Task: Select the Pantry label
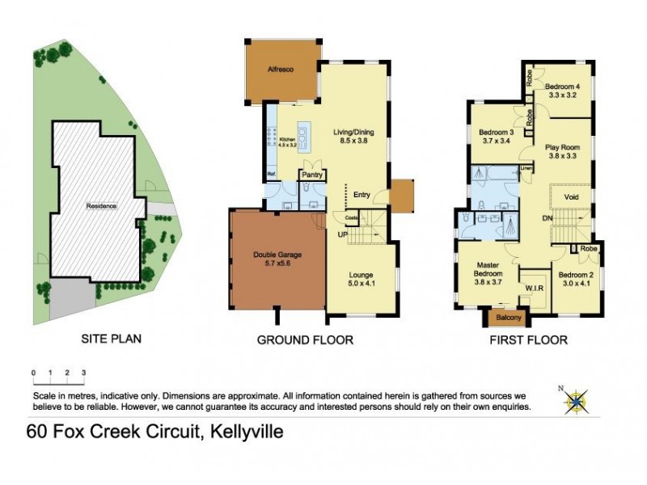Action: coord(312,174)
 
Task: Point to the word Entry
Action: coord(362,194)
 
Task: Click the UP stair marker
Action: coord(343,234)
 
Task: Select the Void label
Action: coord(573,196)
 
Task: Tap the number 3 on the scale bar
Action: coord(83,373)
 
